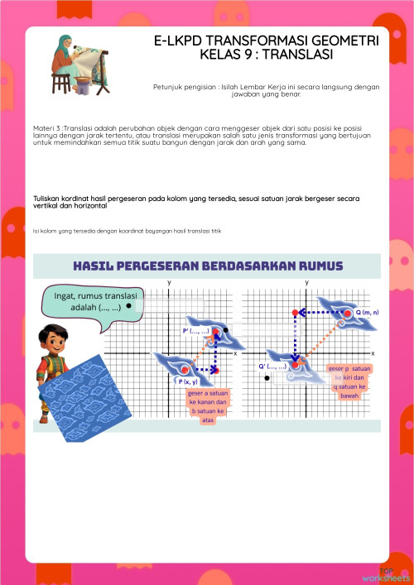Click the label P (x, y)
click(x=188, y=381)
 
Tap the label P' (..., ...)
click(x=195, y=330)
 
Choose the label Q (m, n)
click(x=366, y=312)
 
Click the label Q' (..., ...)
click(x=272, y=365)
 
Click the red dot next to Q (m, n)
click(x=349, y=312)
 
